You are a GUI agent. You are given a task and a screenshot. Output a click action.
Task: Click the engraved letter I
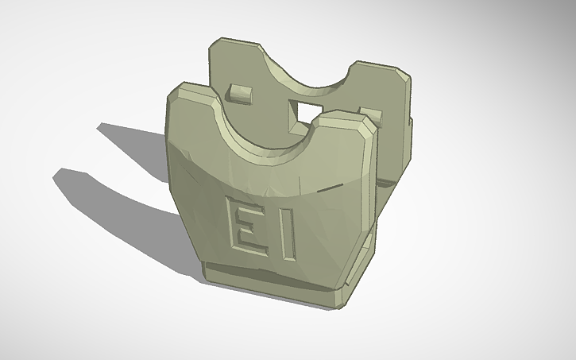point(288,236)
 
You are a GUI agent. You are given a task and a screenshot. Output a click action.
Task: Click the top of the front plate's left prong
point(192,91)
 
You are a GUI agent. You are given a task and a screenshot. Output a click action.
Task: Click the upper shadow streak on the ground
point(131,139)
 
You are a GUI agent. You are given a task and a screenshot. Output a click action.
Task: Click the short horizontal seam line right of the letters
point(326,190)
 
